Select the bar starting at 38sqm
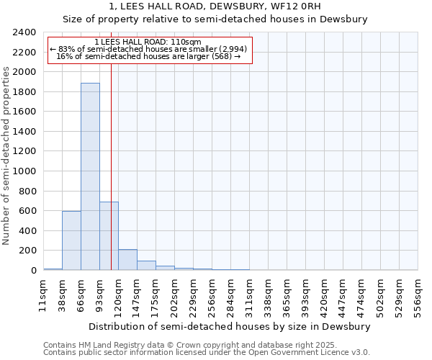[x=71, y=240]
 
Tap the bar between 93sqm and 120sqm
[x=109, y=236]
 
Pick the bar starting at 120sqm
[x=127, y=260]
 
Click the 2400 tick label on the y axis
[x=24, y=32]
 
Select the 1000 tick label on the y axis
[x=24, y=171]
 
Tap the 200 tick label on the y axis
[x=27, y=251]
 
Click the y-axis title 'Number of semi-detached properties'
[x=7, y=156]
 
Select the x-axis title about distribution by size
[x=230, y=326]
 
